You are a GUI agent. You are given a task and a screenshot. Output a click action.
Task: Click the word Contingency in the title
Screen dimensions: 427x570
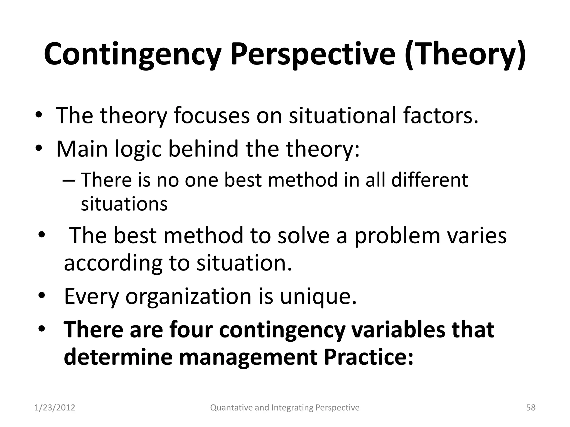tap(132, 54)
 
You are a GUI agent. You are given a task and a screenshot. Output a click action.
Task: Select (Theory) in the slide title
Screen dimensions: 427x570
tap(465, 54)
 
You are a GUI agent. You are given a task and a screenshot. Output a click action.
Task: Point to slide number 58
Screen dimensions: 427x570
tap(531, 408)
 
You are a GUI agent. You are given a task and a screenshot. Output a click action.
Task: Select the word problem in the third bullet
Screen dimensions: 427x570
tap(397, 235)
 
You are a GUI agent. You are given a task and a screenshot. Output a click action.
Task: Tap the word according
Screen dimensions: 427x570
tap(113, 263)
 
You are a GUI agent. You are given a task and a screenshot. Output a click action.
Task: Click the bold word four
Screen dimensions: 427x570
tap(191, 330)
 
